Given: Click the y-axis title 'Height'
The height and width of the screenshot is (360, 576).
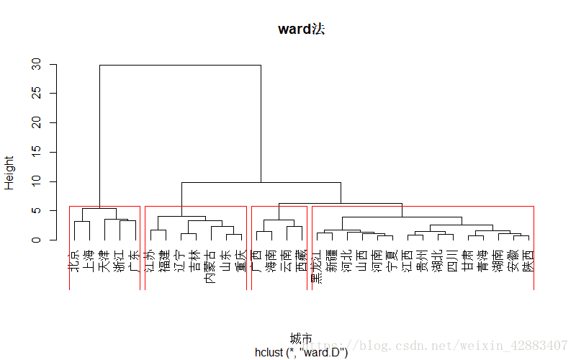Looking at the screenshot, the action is point(9,173).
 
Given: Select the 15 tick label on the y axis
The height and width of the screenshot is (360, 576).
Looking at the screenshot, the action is point(36,153).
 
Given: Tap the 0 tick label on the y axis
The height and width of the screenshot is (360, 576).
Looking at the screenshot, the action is point(36,240).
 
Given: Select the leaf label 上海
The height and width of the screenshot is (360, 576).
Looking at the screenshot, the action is point(89,260).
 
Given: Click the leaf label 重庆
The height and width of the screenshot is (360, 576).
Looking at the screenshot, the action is point(240,260).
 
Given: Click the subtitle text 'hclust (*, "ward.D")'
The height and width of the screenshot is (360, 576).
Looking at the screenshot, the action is point(301,352).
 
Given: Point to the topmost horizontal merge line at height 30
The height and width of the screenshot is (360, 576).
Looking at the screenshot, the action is point(180,65).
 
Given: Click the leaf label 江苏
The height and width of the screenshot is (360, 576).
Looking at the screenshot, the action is point(150,260).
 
